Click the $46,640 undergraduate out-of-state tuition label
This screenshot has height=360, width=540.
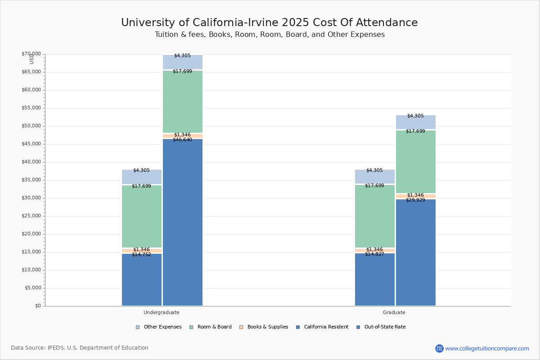182,140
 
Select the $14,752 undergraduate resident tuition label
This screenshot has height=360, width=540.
141,255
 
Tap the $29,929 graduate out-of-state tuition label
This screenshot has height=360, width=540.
415,200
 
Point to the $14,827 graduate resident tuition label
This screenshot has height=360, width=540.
374,254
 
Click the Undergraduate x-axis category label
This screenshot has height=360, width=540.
161,312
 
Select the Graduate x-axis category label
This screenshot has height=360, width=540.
394,312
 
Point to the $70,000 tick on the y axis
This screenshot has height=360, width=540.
31,54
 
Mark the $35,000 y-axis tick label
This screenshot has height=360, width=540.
31,180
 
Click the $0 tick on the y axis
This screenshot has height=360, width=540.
37,306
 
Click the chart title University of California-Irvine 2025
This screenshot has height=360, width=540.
269,23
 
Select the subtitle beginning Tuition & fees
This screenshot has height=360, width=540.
270,35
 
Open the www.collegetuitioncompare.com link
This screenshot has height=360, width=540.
487,348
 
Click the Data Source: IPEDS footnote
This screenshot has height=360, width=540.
80,348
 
